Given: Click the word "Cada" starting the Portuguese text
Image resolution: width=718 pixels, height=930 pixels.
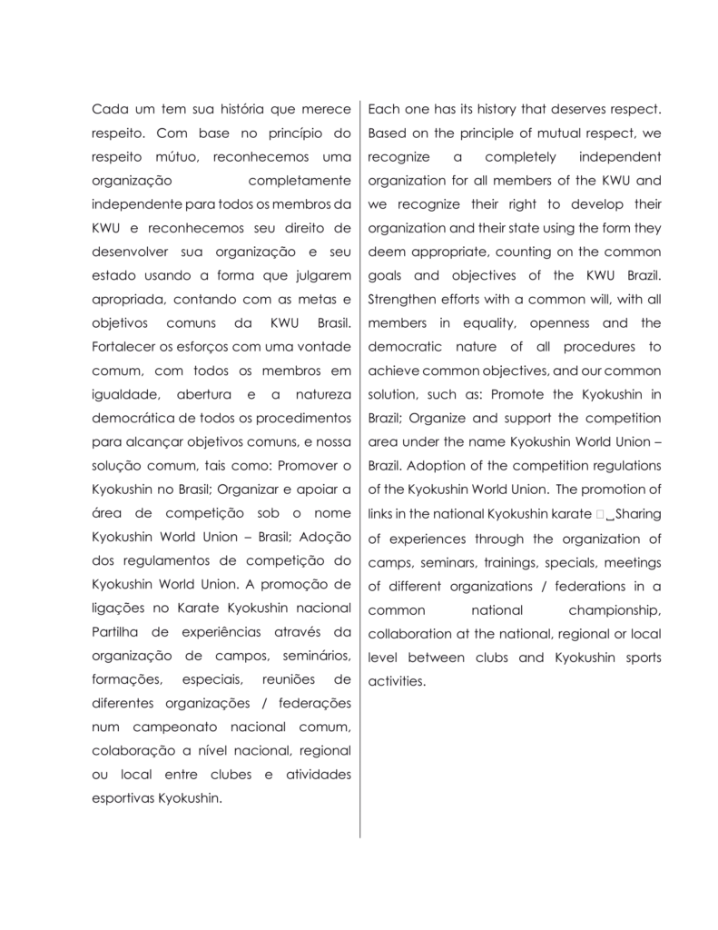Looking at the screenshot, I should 109,110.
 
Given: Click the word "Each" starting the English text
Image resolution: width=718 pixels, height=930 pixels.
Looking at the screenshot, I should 384,110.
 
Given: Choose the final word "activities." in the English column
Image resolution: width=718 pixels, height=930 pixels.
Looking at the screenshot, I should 397,679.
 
